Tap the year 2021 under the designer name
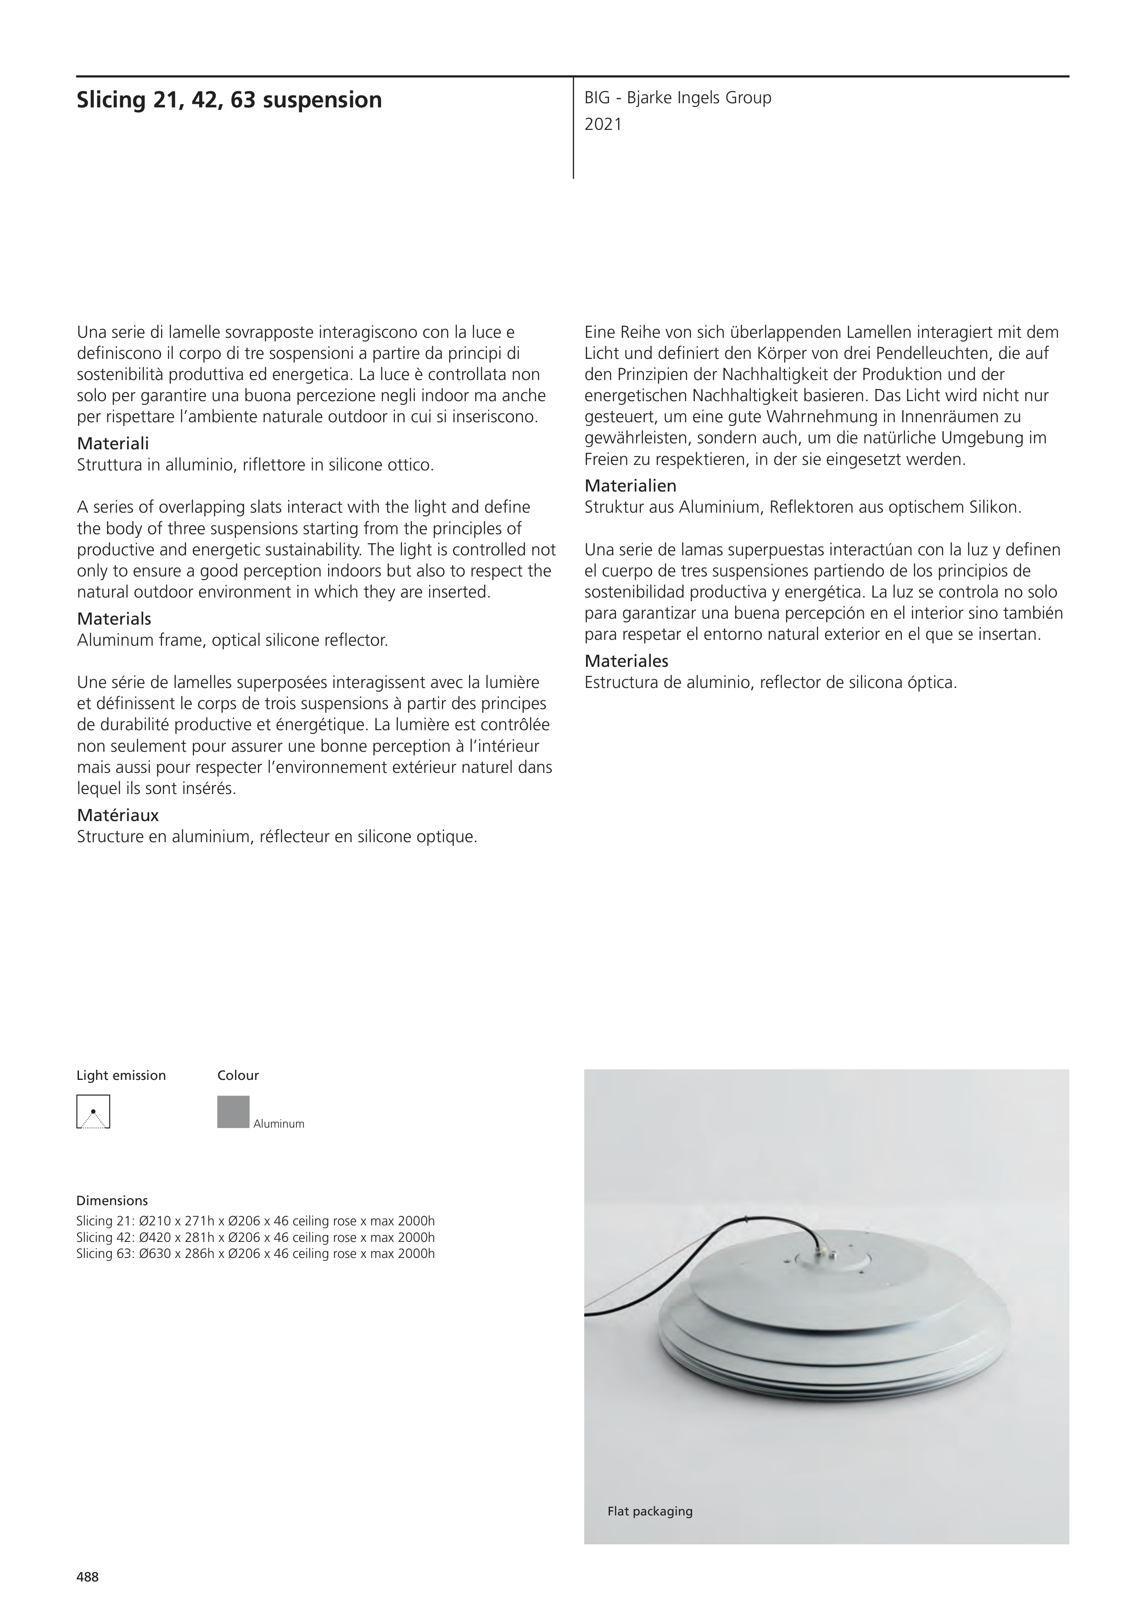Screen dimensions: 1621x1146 pyautogui.click(x=603, y=125)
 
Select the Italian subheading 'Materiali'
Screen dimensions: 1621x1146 pyautogui.click(x=112, y=444)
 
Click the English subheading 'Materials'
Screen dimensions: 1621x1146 pyautogui.click(x=114, y=619)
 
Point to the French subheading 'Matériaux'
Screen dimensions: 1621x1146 pyautogui.click(x=117, y=816)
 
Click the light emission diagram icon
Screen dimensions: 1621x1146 pyautogui.click(x=93, y=1112)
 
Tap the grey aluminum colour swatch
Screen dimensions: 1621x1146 pyautogui.click(x=233, y=1112)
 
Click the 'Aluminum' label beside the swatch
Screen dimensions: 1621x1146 pyautogui.click(x=279, y=1124)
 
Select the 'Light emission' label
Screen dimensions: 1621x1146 pyautogui.click(x=121, y=1075)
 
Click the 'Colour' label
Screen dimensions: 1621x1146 pyautogui.click(x=238, y=1075)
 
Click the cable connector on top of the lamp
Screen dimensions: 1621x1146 pyautogui.click(x=823, y=1255)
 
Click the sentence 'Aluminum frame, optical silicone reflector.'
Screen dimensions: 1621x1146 pyautogui.click(x=232, y=641)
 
